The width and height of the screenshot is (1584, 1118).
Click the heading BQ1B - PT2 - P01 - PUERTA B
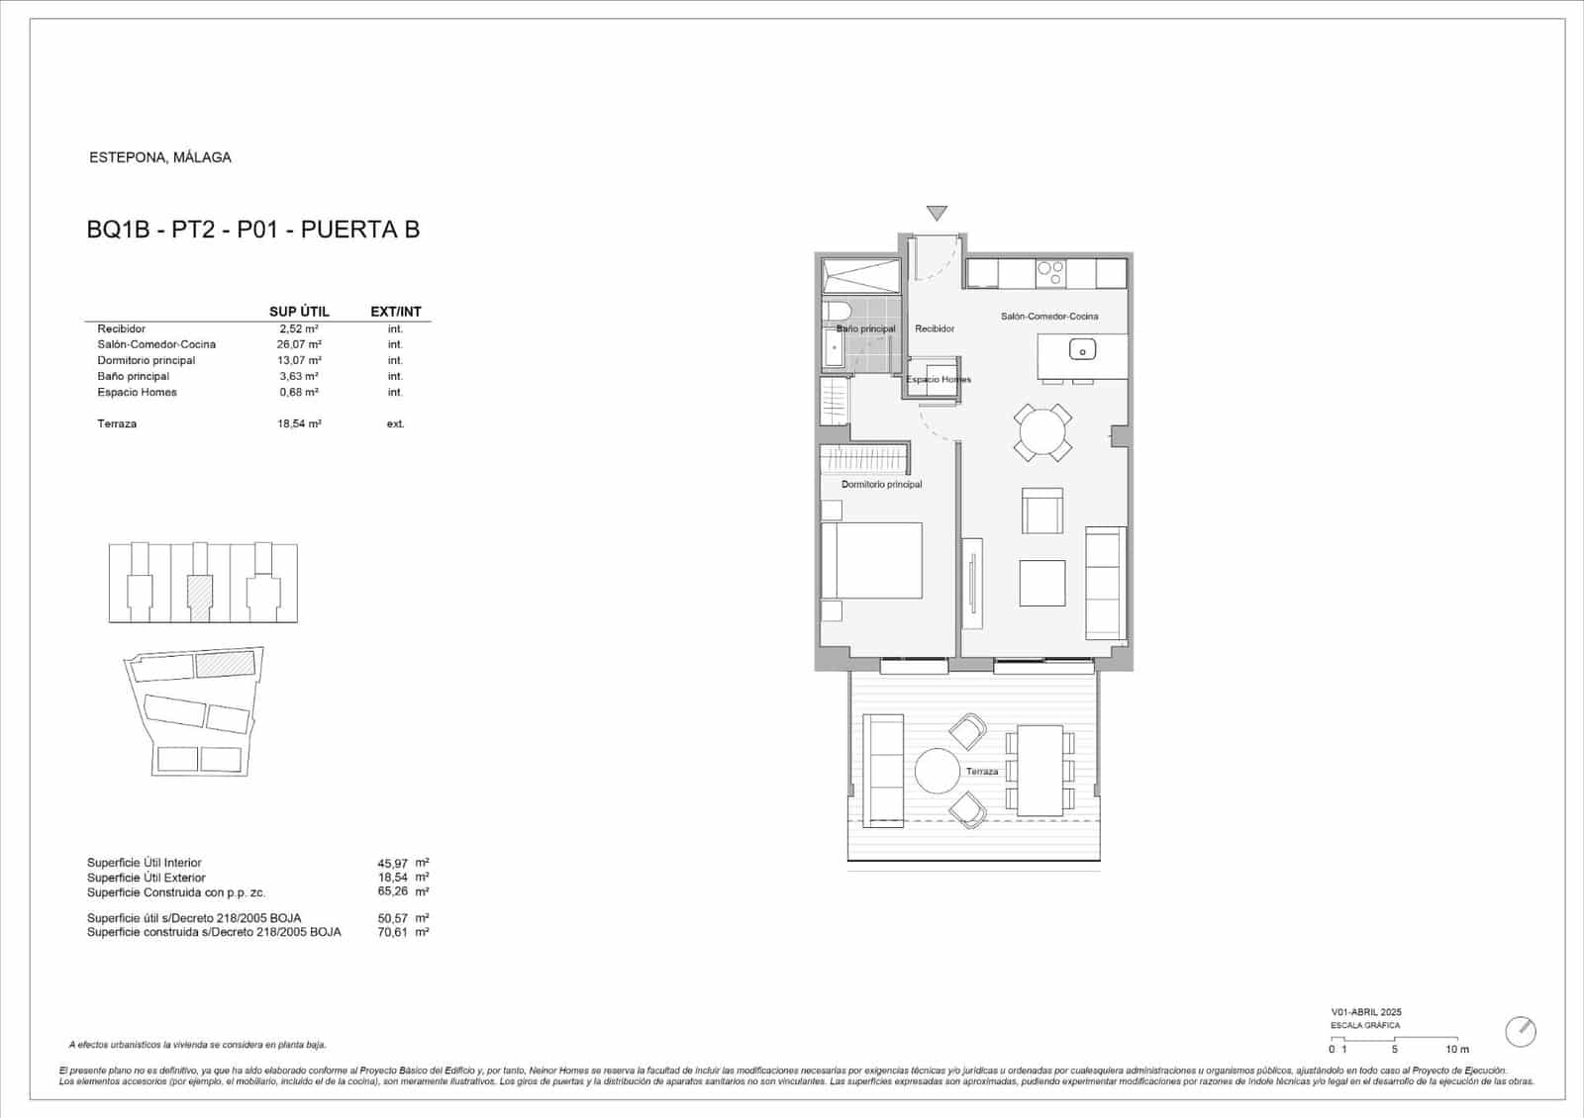click(253, 230)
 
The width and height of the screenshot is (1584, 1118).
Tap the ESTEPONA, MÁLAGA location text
click(160, 157)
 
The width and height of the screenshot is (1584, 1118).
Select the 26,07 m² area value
click(297, 344)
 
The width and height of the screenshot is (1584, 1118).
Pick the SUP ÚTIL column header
click(299, 312)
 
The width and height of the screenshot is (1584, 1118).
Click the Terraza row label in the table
click(117, 423)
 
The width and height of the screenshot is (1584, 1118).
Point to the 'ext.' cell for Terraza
click(395, 423)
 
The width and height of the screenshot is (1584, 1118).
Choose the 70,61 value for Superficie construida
click(393, 932)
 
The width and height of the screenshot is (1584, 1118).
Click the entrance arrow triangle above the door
click(937, 213)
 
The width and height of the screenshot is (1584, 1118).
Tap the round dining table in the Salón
click(1042, 432)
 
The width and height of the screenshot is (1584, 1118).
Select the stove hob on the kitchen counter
click(1049, 272)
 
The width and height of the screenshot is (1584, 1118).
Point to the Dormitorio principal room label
click(881, 485)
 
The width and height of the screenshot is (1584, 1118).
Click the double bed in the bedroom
click(871, 560)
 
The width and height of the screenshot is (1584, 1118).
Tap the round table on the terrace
click(937, 772)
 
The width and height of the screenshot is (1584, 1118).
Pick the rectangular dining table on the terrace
click(1039, 771)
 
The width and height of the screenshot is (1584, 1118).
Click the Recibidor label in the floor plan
click(935, 328)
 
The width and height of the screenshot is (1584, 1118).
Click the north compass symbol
click(1520, 1032)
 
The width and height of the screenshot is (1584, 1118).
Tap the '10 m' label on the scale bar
click(1456, 1049)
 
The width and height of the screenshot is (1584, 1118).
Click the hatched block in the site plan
click(225, 663)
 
